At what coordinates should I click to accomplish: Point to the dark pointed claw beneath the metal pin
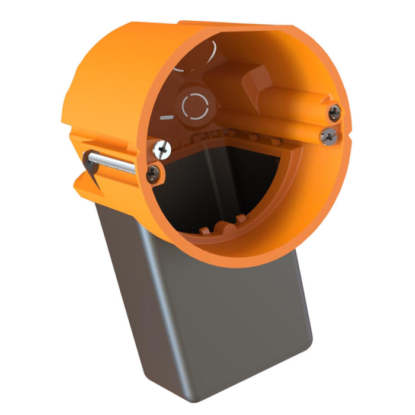pyautogui.click(x=89, y=167)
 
